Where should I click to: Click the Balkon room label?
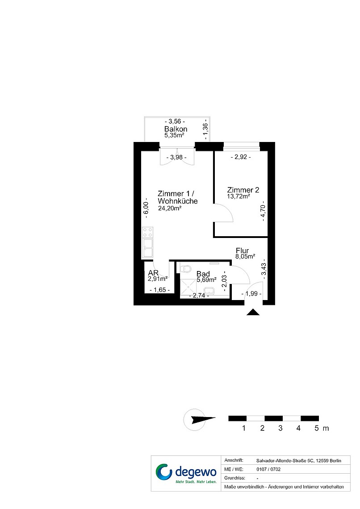176,129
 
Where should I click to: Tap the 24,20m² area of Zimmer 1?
169,209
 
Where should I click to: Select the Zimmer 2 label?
243,190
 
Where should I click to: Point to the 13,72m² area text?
238,196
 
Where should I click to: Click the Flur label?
242,250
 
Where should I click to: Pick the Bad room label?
203,274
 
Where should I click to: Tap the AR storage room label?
153,273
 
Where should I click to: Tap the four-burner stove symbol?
148,233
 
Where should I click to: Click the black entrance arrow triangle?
253,312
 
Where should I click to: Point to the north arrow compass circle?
195,420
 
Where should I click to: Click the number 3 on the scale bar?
280,428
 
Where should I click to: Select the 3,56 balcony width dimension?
175,121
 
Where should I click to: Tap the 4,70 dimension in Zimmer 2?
263,213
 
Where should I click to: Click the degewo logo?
186,473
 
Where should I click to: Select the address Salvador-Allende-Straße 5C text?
299,461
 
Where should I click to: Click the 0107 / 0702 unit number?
268,469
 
